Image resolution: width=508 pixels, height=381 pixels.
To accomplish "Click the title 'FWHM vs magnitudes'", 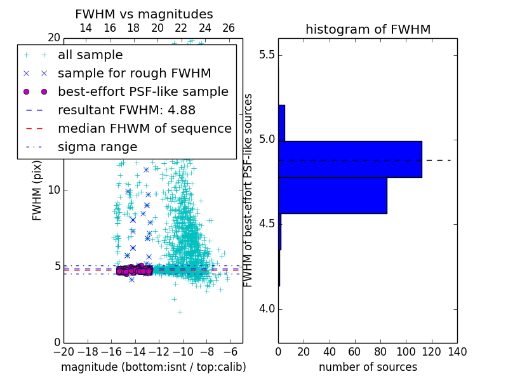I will coord(144,15).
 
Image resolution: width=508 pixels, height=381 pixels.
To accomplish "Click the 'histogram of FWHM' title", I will coord(368,29).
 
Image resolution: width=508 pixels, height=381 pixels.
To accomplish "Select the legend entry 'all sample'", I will coord(90,55).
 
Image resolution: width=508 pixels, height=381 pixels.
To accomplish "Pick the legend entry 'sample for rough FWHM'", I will coord(134,73).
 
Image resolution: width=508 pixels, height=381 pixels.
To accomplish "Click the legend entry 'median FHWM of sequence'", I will coord(144,128).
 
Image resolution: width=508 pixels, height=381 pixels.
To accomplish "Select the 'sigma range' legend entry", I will coord(97,147).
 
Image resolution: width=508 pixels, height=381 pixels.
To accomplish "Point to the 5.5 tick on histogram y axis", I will coord(266,55).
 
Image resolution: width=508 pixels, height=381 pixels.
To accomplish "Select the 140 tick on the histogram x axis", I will coord(457,351).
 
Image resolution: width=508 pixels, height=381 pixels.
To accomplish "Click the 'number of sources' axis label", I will coord(368,367).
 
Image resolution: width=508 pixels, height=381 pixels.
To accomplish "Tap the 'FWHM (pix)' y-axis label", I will coord(37,190).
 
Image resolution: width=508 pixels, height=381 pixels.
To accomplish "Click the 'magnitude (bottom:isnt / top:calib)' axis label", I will coord(153,367).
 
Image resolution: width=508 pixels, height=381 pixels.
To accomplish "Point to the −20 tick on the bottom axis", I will coord(63,351).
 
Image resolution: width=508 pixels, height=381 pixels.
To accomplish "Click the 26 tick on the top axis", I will coord(229,28).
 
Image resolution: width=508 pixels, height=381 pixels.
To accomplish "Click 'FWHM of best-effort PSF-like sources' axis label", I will coord(249,190).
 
